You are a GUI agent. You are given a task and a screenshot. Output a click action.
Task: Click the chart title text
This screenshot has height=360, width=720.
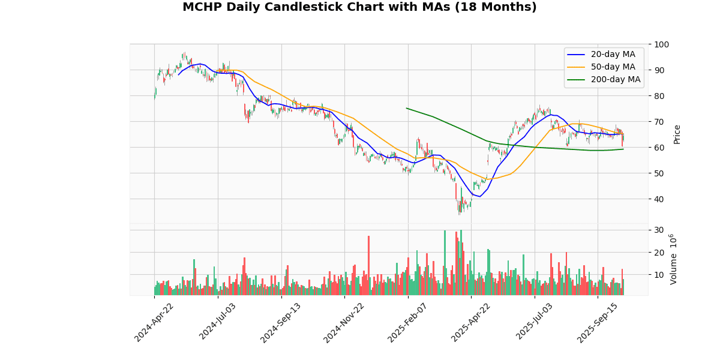(359, 7)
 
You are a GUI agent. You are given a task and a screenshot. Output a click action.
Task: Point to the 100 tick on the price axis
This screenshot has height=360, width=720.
(662, 44)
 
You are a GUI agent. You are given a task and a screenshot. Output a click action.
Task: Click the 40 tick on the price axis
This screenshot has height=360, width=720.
(659, 199)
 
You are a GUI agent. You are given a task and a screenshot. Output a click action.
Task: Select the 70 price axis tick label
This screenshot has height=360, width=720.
(659, 122)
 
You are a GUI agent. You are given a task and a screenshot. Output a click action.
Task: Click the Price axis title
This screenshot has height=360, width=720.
(677, 134)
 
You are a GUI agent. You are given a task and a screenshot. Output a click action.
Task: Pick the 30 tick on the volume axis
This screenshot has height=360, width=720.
(659, 230)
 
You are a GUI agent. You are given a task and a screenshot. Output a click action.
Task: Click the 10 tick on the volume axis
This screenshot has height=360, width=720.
(659, 275)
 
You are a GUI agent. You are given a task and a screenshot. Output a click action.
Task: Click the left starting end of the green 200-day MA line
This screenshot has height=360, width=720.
(406, 108)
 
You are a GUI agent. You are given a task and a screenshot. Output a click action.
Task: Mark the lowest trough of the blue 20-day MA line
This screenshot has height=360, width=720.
(479, 197)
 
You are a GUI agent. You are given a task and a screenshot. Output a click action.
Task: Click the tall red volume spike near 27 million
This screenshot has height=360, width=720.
(368, 236)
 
